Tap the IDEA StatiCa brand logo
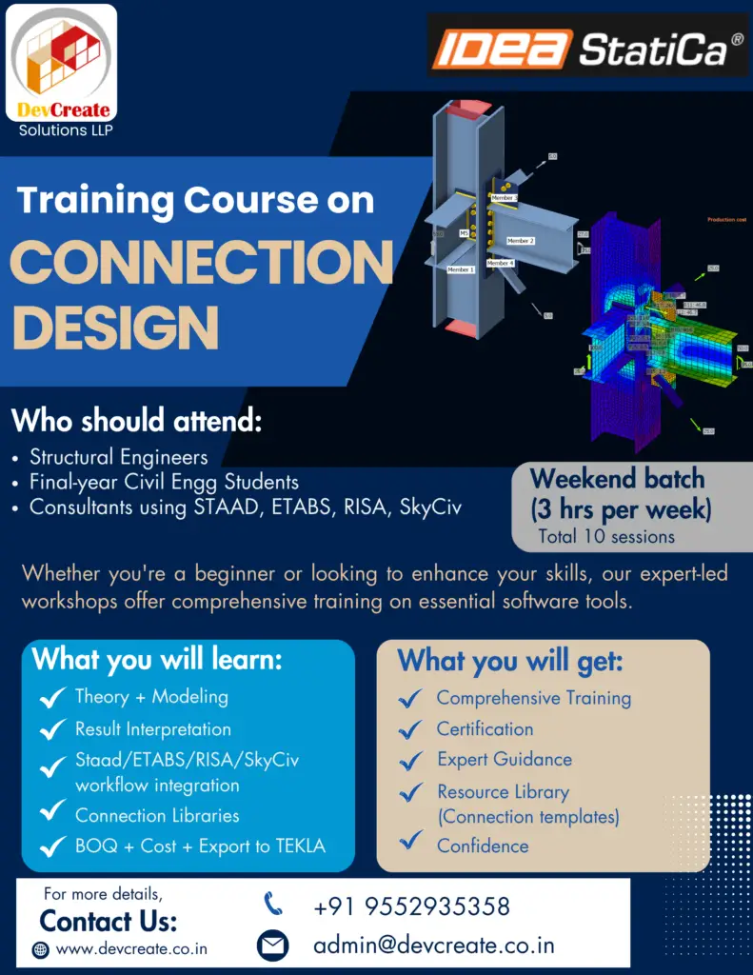pos(588,49)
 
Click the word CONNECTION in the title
pos(202,261)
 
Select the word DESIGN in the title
pos(115,326)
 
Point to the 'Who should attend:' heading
pos(136,420)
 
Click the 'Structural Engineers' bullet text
pos(118,457)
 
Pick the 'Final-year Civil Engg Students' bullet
pos(164,482)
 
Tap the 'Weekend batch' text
pos(617,478)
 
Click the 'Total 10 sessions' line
pos(606,536)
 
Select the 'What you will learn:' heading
pos(157,659)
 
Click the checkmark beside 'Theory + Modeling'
pos(52,699)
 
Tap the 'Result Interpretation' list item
pos(153,729)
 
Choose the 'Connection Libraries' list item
pos(157,816)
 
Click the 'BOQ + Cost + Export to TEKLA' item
pos(200,846)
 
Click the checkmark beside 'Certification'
pos(411,730)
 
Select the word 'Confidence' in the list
pos(483,846)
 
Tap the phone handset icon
pos(273,904)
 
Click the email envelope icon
pos(273,945)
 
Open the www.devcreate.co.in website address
pos(131,949)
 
